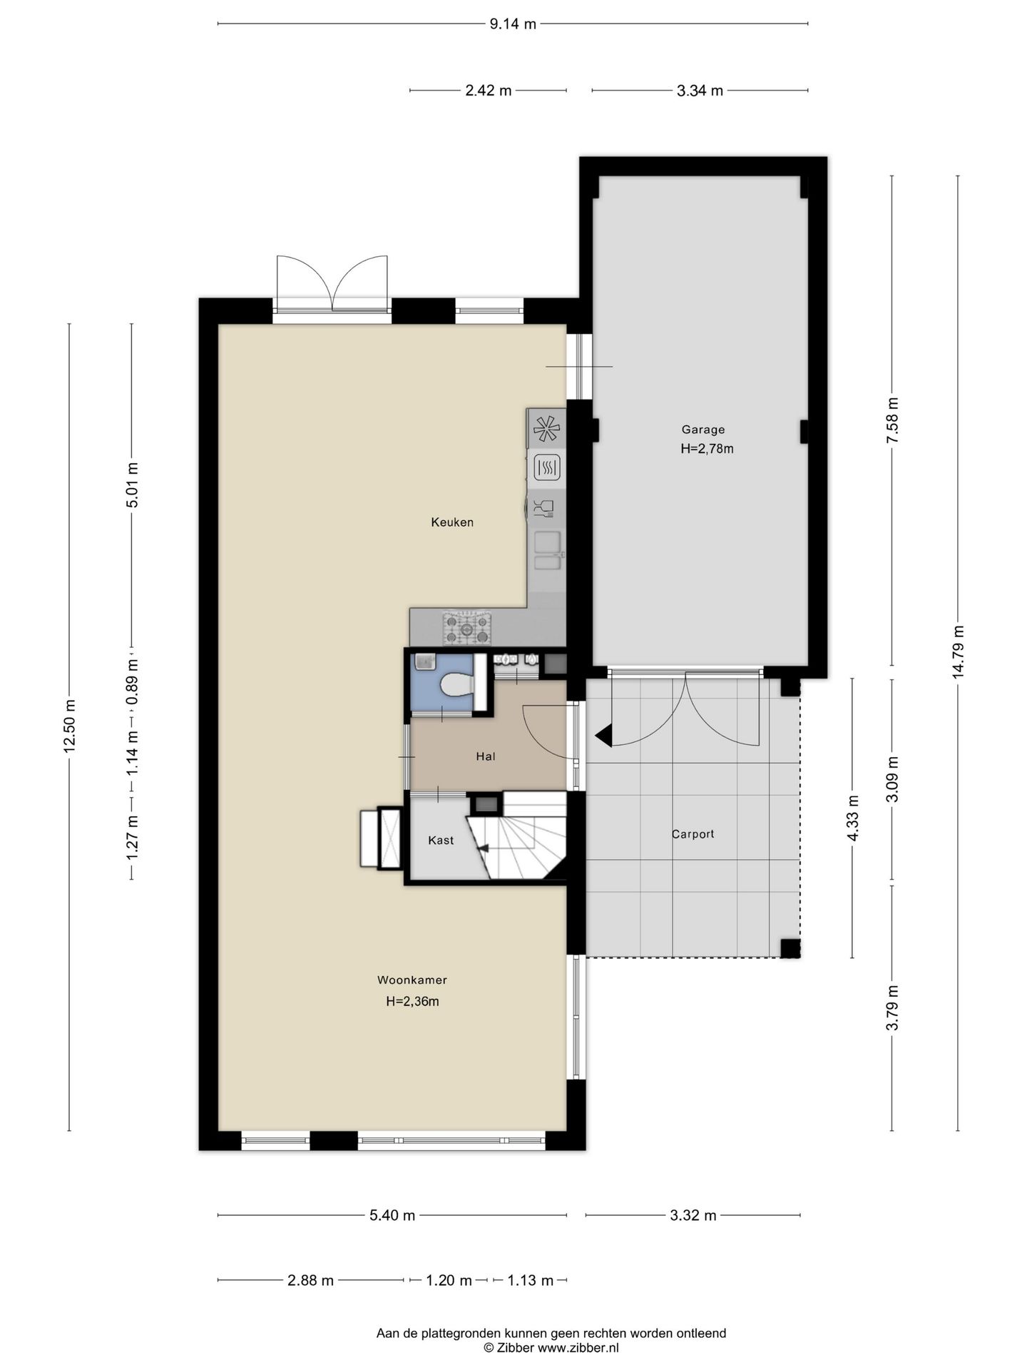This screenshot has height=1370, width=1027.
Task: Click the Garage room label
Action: (x=702, y=430)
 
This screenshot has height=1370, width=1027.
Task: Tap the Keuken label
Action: (x=452, y=522)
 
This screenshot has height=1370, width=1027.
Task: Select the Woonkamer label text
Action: (x=412, y=980)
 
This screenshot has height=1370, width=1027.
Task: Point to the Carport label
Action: (x=693, y=833)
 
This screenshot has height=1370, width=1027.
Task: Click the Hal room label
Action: (x=486, y=756)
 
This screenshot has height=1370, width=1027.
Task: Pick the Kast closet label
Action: (x=441, y=841)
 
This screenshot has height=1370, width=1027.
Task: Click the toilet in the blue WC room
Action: (x=457, y=685)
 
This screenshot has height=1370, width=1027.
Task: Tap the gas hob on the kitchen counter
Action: (x=466, y=628)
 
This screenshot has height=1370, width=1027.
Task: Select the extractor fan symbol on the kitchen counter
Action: (x=547, y=429)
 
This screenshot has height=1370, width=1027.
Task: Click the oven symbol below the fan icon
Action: (x=547, y=468)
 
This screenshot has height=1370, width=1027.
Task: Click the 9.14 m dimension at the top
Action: (x=513, y=24)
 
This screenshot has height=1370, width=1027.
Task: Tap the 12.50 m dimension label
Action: (x=69, y=726)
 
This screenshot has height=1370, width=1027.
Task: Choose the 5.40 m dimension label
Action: (x=392, y=1216)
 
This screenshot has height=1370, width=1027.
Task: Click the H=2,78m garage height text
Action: (x=707, y=449)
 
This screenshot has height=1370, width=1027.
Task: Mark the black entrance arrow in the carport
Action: (x=603, y=736)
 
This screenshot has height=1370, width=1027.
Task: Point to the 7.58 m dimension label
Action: (x=892, y=421)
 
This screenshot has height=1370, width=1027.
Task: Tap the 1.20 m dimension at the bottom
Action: (x=449, y=1281)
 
